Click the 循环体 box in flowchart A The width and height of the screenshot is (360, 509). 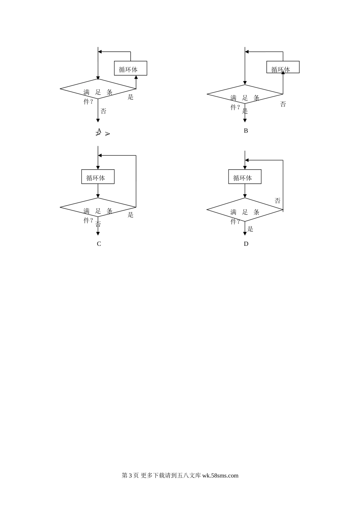130,69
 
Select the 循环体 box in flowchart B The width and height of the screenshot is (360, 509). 283,67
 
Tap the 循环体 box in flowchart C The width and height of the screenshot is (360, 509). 98,177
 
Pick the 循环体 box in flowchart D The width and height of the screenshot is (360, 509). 245,177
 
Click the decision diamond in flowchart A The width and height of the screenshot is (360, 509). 98,89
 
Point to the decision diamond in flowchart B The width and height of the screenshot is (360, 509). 245,94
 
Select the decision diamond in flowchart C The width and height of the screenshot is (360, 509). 98,207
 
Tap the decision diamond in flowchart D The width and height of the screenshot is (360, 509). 245,209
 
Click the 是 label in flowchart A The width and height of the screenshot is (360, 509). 130,97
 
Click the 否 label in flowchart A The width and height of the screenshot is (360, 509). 103,111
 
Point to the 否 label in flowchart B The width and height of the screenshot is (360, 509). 283,104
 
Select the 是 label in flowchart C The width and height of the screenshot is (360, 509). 130,215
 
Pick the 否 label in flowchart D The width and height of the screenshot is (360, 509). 277,201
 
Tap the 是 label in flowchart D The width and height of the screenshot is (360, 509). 250,229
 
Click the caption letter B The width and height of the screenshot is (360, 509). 246,131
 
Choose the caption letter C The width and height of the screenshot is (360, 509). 99,244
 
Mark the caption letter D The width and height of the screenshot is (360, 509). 246,244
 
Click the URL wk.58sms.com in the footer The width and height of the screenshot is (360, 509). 220,476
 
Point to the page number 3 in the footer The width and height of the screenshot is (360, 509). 130,476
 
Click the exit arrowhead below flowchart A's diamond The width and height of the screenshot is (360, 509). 98,120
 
